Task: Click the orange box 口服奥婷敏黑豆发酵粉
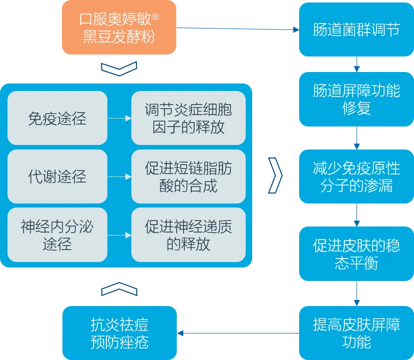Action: point(119,27)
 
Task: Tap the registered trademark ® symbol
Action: point(155,17)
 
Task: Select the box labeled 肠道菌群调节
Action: point(357,29)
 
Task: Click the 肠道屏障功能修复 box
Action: point(357,99)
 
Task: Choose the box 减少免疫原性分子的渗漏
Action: point(357,176)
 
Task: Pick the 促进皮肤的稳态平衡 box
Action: point(357,253)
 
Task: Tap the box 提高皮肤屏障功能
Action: point(357,333)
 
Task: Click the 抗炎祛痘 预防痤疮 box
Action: point(120,333)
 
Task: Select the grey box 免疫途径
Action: point(57,118)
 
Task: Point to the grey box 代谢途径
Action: point(57,176)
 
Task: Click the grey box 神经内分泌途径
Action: point(57,234)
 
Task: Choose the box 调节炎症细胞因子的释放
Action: point(188,118)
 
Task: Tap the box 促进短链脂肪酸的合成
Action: point(188,176)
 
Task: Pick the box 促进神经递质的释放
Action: point(188,234)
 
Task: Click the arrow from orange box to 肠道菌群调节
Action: point(238,28)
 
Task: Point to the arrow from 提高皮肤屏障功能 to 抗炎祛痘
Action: point(238,333)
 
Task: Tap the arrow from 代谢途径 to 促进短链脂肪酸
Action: point(119,176)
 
